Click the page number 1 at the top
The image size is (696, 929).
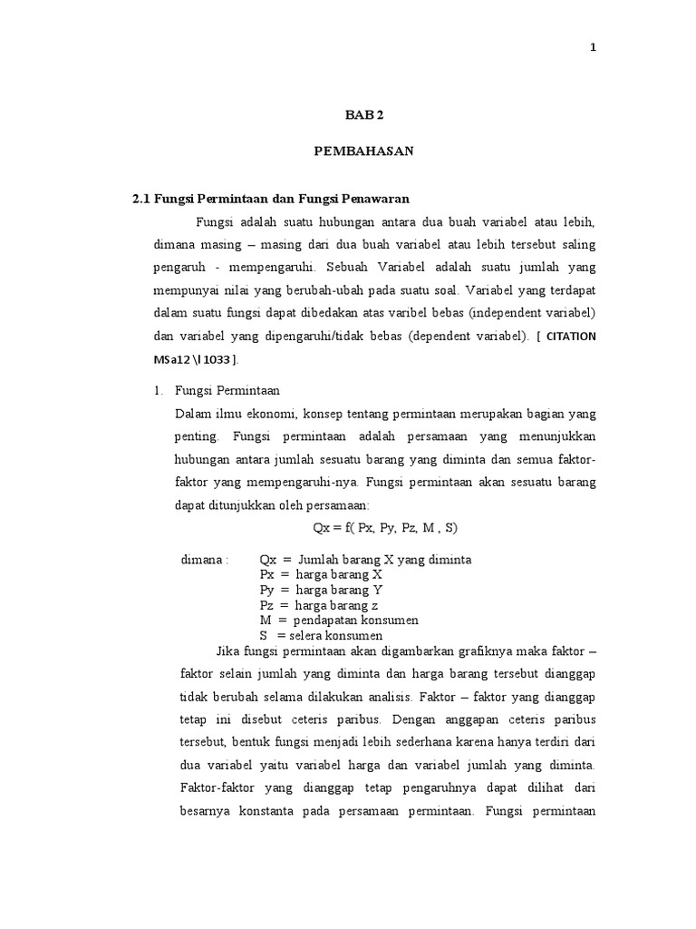tap(593, 49)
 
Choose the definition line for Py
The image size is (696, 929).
tap(322, 590)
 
